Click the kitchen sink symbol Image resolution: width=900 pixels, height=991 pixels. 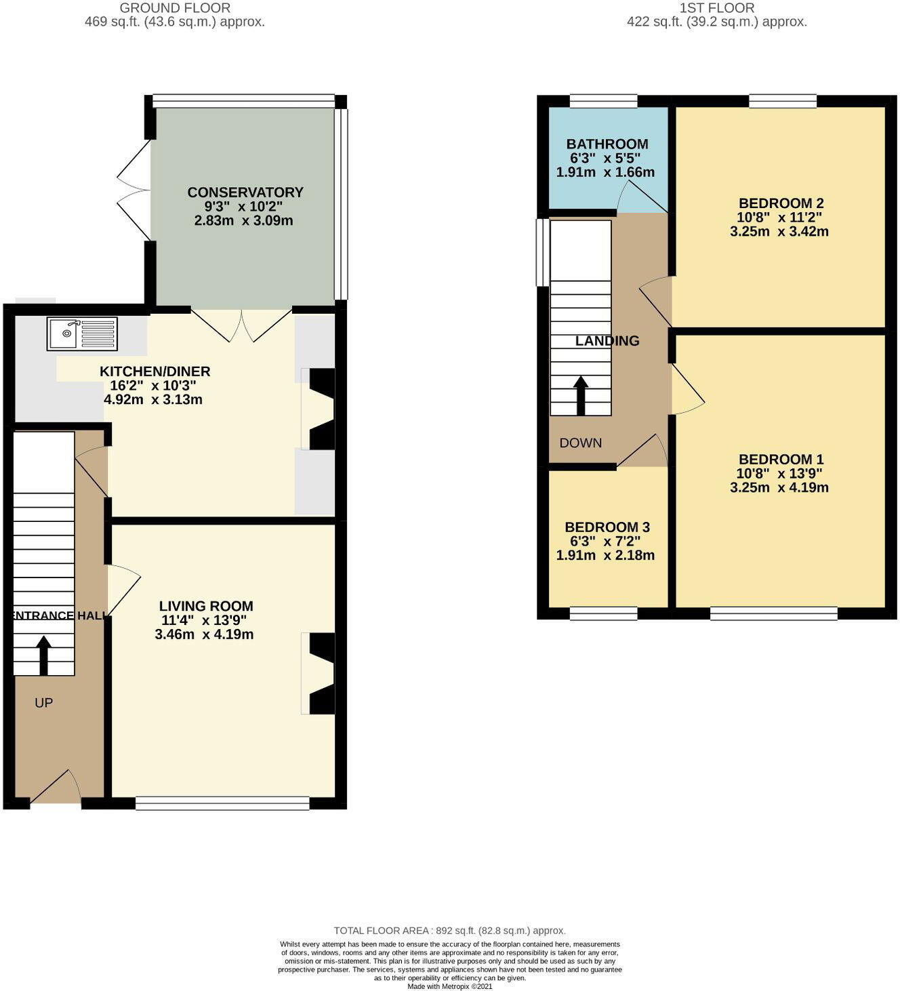(x=82, y=333)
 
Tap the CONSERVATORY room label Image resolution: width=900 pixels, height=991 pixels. (x=245, y=193)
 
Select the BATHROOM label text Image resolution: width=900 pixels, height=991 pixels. (x=607, y=144)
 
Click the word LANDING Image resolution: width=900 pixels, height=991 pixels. (x=607, y=341)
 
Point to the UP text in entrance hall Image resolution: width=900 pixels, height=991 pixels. (x=43, y=703)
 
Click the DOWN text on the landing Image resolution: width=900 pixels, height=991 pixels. (x=580, y=443)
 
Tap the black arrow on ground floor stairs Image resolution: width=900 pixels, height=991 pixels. (x=44, y=655)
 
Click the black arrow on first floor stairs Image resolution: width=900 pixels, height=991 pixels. (x=581, y=395)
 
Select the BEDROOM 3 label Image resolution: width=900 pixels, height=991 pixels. (x=607, y=527)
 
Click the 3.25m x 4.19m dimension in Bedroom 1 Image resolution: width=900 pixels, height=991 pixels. (x=779, y=487)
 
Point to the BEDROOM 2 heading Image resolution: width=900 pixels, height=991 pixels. (x=781, y=203)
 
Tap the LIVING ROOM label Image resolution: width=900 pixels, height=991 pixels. (x=206, y=606)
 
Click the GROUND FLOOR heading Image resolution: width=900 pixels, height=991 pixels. (x=175, y=8)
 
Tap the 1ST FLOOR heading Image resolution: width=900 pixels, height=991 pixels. (x=717, y=8)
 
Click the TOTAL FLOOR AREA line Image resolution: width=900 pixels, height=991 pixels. (x=449, y=931)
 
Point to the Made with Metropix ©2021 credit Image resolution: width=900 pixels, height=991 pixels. (x=449, y=986)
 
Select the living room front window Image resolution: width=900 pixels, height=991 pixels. (x=222, y=803)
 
